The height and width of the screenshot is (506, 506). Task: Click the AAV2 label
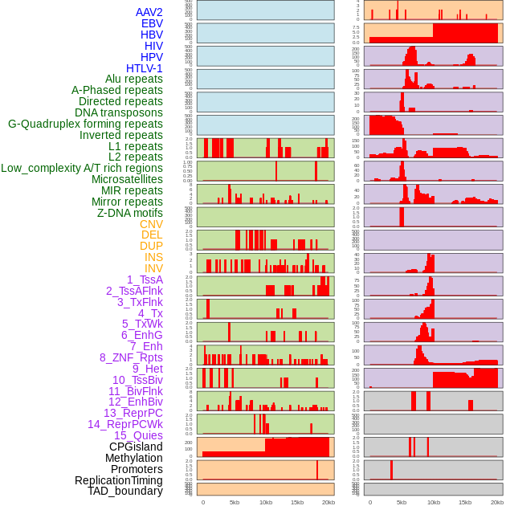(x=149, y=12)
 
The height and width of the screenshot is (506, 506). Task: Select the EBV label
(x=152, y=23)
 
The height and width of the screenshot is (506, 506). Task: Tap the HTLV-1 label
(x=144, y=68)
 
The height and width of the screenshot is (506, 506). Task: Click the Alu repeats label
(x=133, y=80)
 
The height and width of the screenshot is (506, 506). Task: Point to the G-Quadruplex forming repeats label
(x=85, y=124)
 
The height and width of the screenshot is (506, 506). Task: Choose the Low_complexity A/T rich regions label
(x=82, y=168)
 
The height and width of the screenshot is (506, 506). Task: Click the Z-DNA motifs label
(x=129, y=213)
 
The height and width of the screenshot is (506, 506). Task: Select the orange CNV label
(x=151, y=224)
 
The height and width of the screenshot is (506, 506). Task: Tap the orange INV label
(x=153, y=268)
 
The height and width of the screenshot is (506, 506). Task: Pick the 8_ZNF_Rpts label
(x=131, y=357)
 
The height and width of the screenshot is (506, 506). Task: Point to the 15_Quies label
(x=138, y=435)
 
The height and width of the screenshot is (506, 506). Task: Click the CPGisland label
(x=136, y=447)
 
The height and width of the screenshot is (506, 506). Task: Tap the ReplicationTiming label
(x=118, y=480)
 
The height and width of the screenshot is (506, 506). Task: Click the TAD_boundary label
(x=124, y=491)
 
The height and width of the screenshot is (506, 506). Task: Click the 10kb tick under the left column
(x=266, y=502)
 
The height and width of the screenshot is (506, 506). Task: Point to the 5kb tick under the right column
(x=402, y=502)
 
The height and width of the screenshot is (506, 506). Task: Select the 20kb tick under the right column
(x=496, y=502)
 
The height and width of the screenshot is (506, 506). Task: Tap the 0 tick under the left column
(x=202, y=502)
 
